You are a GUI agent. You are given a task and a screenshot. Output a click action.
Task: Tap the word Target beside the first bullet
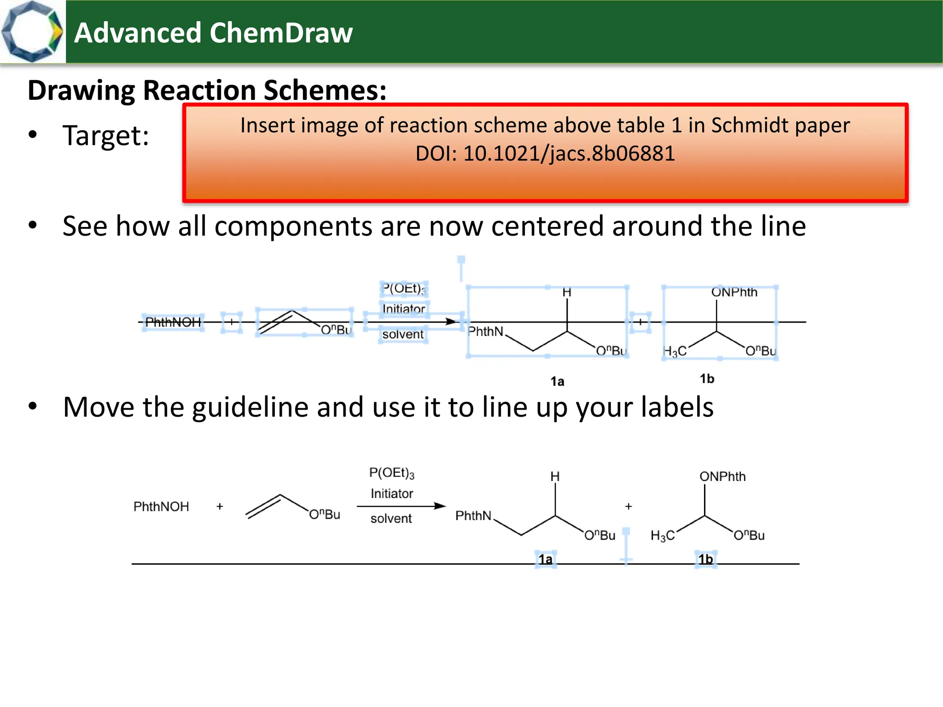[x=105, y=136]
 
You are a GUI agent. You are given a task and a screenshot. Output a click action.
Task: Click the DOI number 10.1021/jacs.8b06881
[x=569, y=154]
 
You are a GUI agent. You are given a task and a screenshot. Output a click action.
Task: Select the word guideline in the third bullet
[x=256, y=407]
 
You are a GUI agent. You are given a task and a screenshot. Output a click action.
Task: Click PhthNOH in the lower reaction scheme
[x=161, y=507]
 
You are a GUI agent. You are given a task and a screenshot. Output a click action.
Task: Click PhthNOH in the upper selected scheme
[x=173, y=322]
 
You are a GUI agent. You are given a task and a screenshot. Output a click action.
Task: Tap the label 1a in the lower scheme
[x=546, y=560]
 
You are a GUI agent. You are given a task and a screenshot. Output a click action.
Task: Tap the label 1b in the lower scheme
[x=705, y=560]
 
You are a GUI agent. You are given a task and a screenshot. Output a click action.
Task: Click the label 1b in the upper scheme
[x=707, y=379]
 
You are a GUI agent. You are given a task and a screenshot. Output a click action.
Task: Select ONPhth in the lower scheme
[x=722, y=477]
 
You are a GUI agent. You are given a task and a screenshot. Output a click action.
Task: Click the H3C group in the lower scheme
[x=663, y=536]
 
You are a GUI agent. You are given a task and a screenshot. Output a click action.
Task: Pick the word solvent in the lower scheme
[x=391, y=519]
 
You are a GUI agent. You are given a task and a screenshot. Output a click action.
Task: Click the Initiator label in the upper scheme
[x=404, y=309]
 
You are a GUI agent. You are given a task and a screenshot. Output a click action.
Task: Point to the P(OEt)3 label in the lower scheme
[x=392, y=473]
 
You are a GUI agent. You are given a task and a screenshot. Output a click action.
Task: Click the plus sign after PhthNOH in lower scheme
[x=220, y=507]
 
